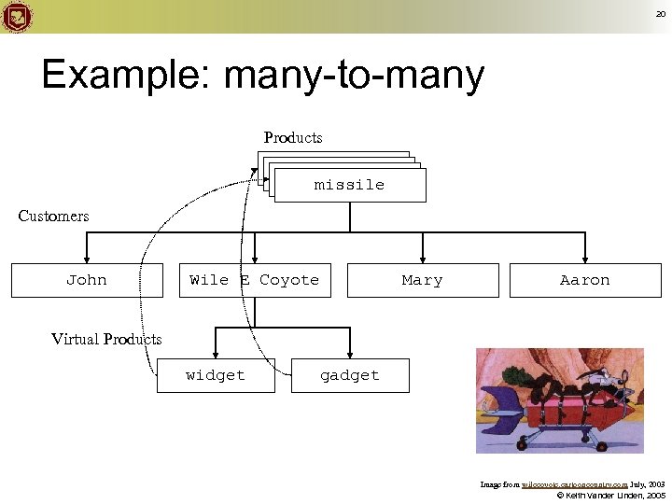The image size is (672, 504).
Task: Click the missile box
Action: (x=349, y=186)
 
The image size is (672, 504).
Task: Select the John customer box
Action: (x=87, y=280)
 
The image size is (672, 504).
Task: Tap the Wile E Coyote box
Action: (x=255, y=280)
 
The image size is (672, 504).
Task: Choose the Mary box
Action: (x=423, y=280)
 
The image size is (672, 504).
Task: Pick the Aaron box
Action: (x=585, y=280)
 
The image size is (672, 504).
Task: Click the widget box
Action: (x=216, y=375)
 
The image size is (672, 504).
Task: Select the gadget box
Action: (x=350, y=375)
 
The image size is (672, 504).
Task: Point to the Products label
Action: (x=293, y=138)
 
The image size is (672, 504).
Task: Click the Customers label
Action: (x=54, y=217)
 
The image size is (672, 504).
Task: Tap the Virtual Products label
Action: (x=106, y=339)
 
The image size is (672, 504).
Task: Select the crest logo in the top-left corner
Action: (x=17, y=17)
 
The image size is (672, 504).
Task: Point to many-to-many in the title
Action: (x=354, y=76)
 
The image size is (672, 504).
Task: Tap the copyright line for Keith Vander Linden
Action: (x=610, y=495)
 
